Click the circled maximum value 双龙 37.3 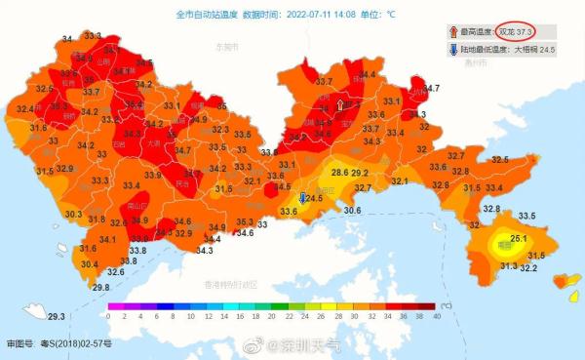point(514,31)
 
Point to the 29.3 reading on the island point(57,316)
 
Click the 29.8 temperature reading point(101,287)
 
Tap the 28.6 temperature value point(339,173)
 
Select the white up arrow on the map point(340,102)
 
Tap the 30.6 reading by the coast point(352,210)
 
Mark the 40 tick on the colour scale point(437,317)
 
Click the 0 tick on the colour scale point(109,317)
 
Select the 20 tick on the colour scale point(273,317)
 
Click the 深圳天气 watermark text point(312,345)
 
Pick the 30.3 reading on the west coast point(73,214)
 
